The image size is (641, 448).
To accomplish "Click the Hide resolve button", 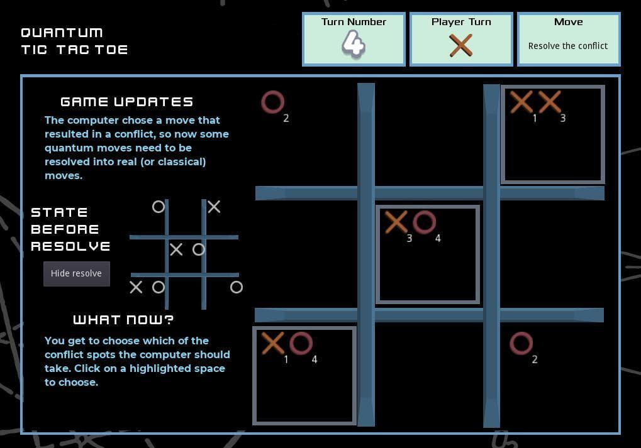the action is coord(77,273).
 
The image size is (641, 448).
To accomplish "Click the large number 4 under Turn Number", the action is coord(353,44).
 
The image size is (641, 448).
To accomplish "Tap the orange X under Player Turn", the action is coord(460,45).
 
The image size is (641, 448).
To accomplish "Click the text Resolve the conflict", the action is coord(568,46).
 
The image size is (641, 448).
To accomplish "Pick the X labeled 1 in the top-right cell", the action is coord(521,102).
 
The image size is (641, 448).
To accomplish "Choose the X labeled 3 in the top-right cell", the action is coord(549,102).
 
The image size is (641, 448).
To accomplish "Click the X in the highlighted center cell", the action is coord(396,222).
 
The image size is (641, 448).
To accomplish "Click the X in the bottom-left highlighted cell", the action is coord(272,343).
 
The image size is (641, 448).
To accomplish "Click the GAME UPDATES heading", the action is coord(126,102).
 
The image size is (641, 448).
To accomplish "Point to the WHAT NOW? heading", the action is coord(123,320).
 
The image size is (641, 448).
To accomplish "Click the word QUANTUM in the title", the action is coord(62,33).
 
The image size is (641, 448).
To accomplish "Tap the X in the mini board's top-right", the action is coord(214,207).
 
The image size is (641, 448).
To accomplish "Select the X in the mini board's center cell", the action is coord(176,249).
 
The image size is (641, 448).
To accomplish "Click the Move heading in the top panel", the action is coord(568,21).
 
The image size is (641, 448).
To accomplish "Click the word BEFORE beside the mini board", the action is coord(65,229).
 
